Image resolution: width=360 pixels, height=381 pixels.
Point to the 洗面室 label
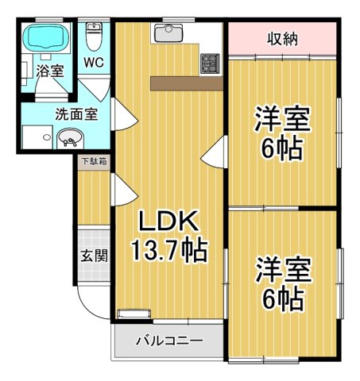[76, 114]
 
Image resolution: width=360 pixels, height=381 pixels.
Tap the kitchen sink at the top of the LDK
[167, 32]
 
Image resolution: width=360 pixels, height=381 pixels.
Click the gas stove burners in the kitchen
[211, 61]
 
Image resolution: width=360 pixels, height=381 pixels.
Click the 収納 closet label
[282, 38]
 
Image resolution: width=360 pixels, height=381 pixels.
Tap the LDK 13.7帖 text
[169, 237]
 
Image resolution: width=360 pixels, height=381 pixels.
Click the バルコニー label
[168, 341]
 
